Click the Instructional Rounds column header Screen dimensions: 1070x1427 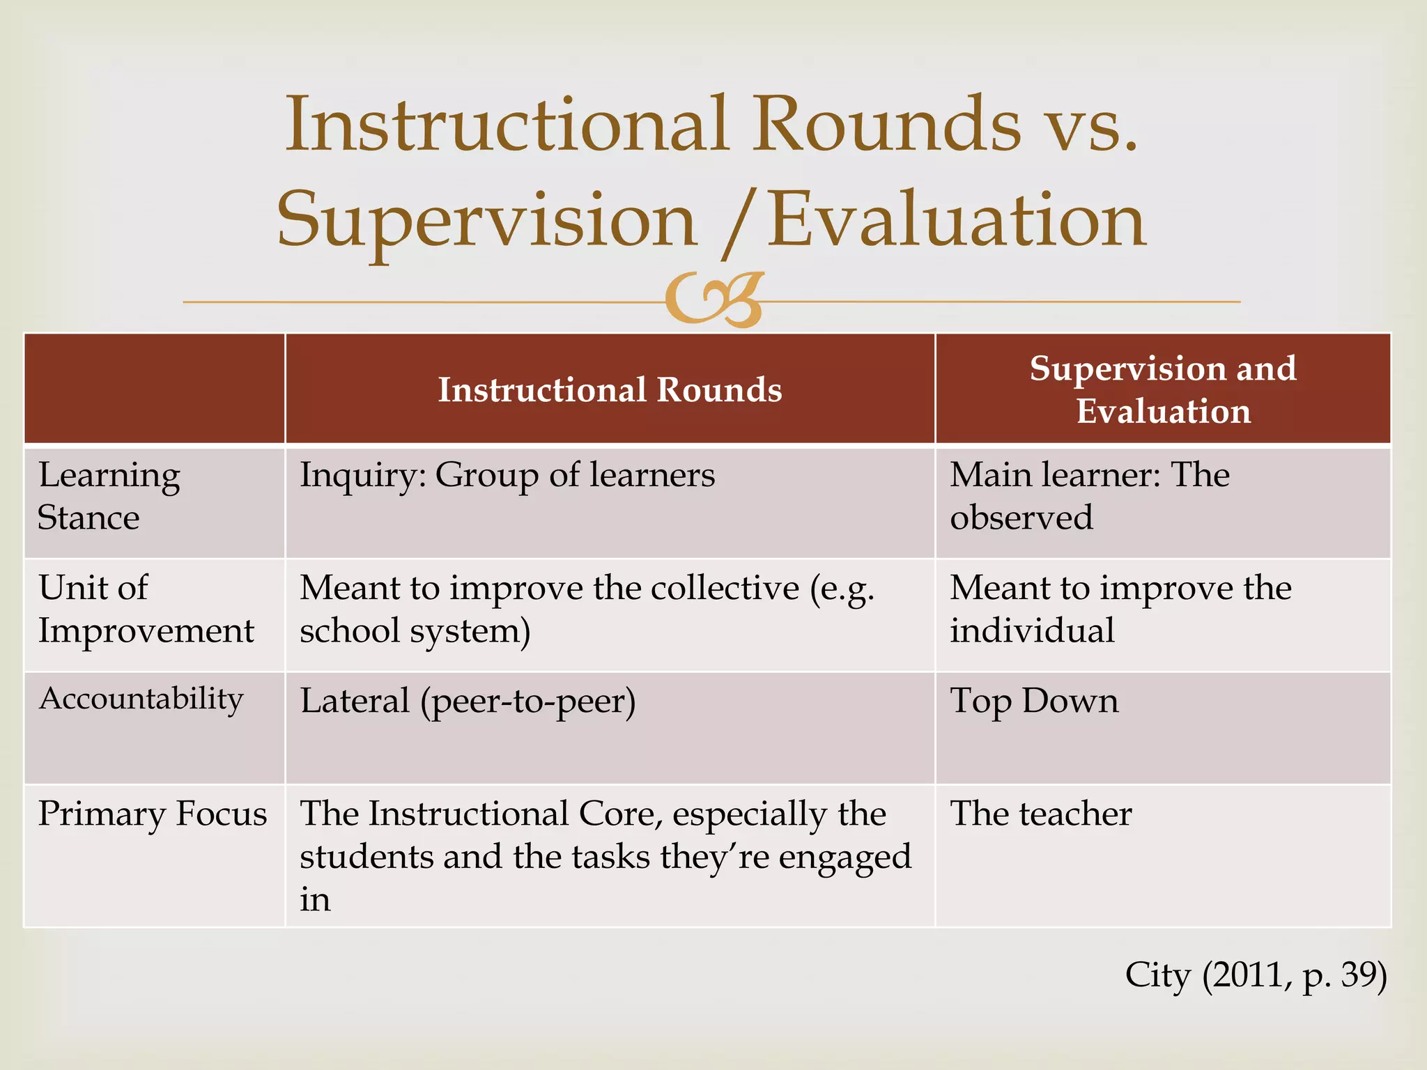610,389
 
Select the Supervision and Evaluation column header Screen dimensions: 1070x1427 1163,389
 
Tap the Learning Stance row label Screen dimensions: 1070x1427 109,496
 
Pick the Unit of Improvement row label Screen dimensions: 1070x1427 146,609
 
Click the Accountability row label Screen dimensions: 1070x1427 141,699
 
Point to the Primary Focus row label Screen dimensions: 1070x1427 153,814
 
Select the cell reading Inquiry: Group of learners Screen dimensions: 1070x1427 507,476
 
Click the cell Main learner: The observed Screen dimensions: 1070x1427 1090,496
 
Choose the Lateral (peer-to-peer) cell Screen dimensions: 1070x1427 468,701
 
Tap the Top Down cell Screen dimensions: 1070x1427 1034,701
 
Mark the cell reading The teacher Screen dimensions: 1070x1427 1041,814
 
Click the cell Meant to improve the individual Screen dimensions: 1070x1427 1120,609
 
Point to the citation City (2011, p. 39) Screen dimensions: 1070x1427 1256,975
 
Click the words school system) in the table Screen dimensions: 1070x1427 415,631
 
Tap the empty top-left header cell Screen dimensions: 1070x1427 154,389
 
